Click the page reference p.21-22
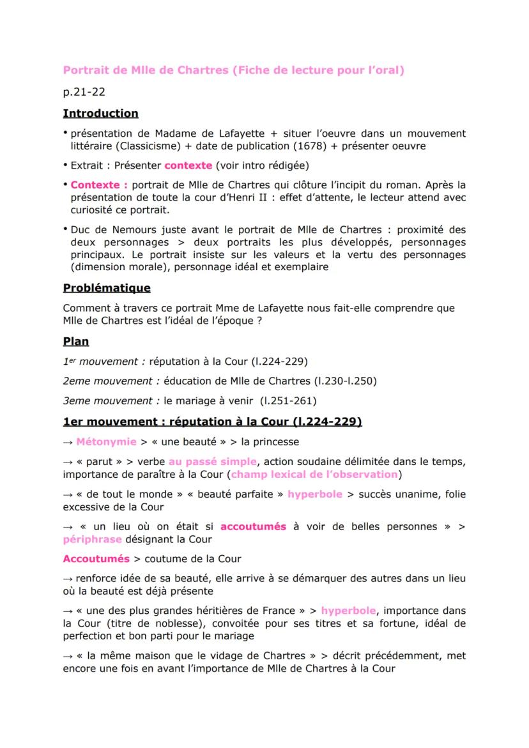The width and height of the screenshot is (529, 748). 84,92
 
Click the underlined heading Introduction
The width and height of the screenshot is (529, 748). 100,114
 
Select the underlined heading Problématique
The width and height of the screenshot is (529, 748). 107,288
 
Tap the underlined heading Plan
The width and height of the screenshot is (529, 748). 76,341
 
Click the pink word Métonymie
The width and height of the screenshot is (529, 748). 97,441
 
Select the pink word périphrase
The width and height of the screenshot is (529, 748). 92,538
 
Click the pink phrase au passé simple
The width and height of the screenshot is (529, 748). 212,461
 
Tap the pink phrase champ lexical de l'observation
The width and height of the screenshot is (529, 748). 314,474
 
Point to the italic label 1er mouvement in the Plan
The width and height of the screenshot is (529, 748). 105,362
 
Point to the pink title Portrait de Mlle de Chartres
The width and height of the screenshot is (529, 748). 146,71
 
